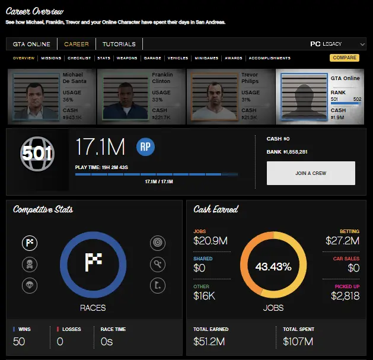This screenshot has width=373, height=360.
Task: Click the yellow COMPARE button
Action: click(344, 58)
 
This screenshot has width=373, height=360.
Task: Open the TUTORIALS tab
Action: click(119, 44)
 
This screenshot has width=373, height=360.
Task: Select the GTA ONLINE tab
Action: click(31, 44)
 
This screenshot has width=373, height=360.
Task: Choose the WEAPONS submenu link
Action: click(127, 58)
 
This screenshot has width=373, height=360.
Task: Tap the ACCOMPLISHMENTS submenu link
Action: click(270, 58)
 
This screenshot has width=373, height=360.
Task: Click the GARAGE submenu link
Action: click(152, 58)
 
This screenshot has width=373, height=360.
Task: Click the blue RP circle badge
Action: click(145, 147)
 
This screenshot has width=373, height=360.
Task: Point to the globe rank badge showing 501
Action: click(37, 154)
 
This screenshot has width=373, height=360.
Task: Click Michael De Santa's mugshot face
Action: click(35, 95)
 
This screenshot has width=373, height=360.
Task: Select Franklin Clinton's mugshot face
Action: click(125, 95)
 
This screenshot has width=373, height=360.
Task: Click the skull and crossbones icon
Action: click(30, 265)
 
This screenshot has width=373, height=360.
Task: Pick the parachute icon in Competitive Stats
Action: click(30, 285)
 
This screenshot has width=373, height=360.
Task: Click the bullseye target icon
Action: click(158, 243)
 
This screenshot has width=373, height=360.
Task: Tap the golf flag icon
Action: click(158, 285)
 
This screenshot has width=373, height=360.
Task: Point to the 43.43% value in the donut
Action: click(273, 267)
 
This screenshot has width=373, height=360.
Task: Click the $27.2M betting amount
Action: click(342, 241)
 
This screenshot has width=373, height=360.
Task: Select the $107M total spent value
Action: click(298, 342)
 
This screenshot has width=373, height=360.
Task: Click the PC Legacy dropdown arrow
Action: click(362, 44)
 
